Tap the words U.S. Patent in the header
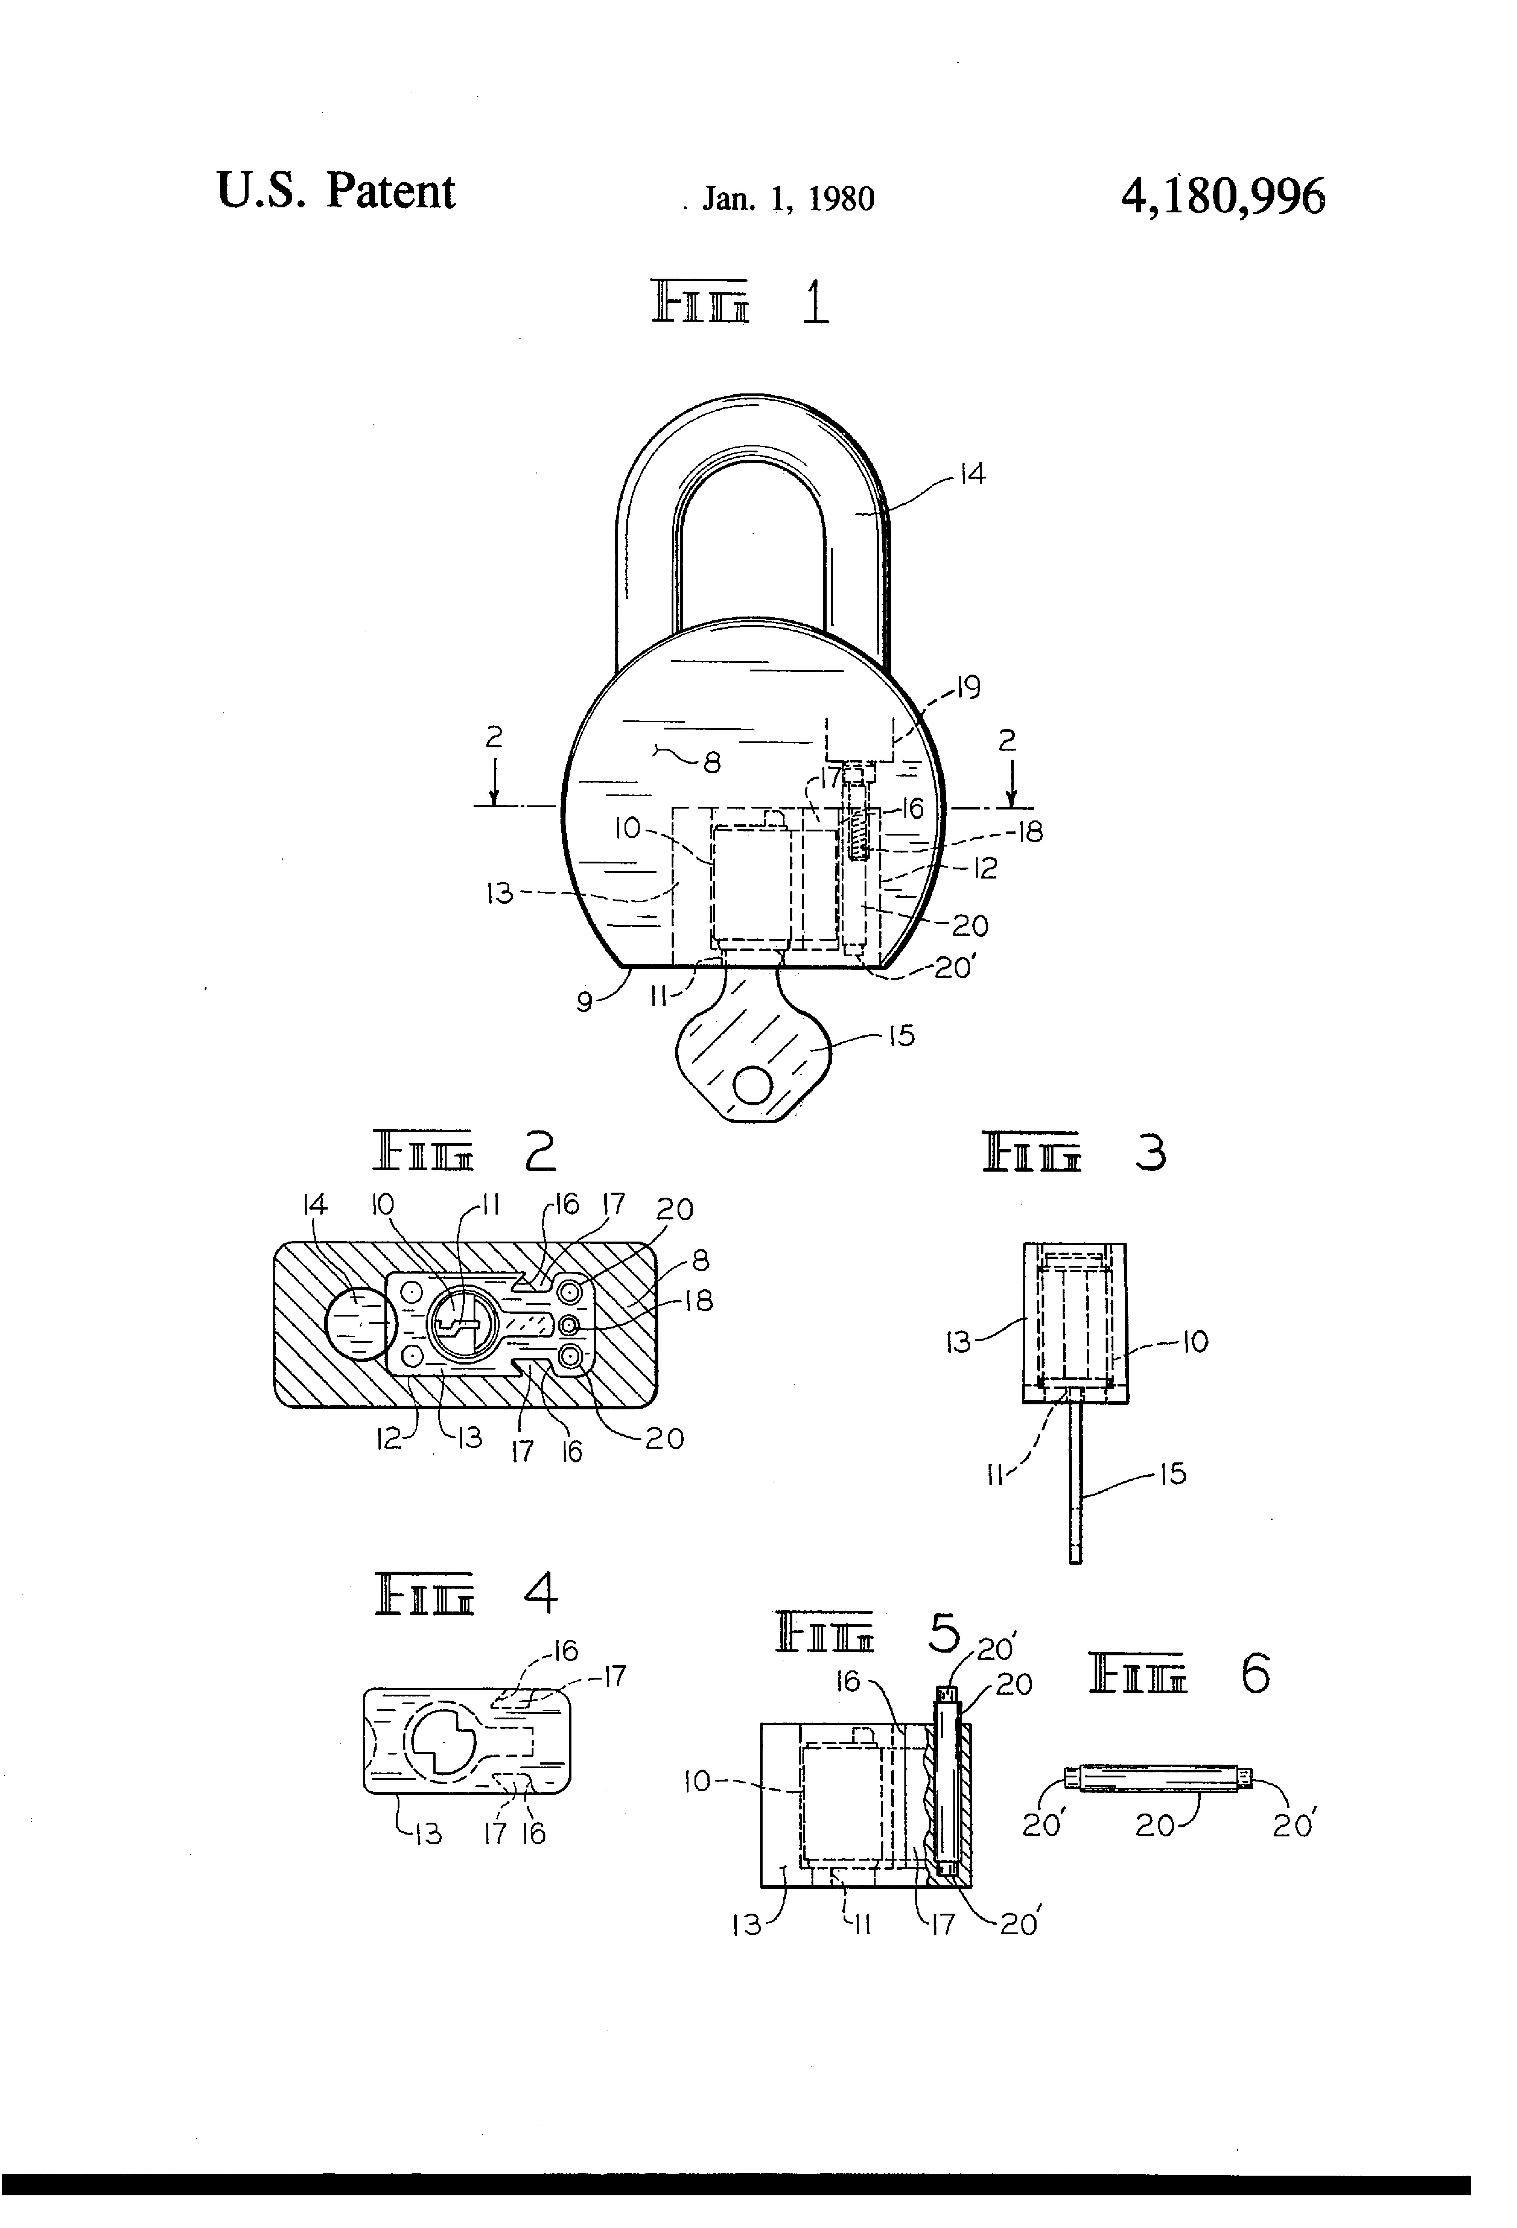(x=335, y=191)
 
